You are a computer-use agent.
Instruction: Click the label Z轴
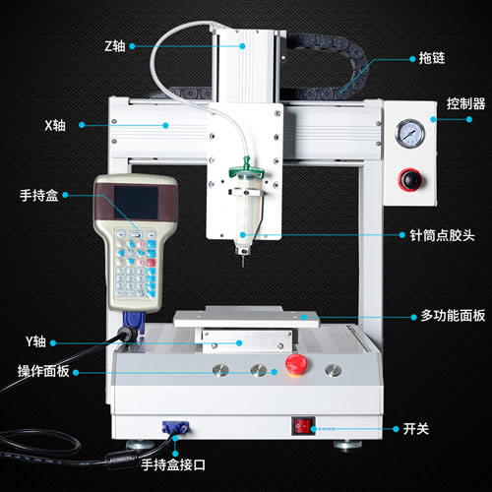pyautogui.click(x=115, y=46)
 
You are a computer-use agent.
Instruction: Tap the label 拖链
pyautogui.click(x=432, y=58)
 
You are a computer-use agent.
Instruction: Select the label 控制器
pyautogui.click(x=465, y=103)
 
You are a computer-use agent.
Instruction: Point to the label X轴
pyautogui.click(x=55, y=125)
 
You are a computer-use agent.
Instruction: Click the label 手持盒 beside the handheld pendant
pyautogui.click(x=39, y=195)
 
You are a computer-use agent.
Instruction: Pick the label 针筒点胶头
pyautogui.click(x=442, y=235)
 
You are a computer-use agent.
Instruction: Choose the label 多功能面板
pyautogui.click(x=453, y=316)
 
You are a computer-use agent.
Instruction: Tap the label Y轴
pyautogui.click(x=35, y=341)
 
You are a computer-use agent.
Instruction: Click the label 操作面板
pyautogui.click(x=43, y=371)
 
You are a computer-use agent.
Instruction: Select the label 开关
pyautogui.click(x=416, y=429)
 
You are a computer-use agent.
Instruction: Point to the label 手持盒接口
pyautogui.click(x=173, y=464)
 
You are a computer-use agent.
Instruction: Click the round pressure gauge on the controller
pyautogui.click(x=409, y=134)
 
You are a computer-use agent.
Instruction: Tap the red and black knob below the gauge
pyautogui.click(x=410, y=180)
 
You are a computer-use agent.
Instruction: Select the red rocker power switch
pyautogui.click(x=304, y=426)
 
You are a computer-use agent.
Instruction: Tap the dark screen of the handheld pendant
pyautogui.click(x=136, y=203)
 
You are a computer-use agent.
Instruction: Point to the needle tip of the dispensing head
pyautogui.click(x=243, y=267)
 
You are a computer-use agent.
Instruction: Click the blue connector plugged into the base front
pyautogui.click(x=175, y=428)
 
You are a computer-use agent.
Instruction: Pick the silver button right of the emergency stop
pyautogui.click(x=333, y=370)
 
